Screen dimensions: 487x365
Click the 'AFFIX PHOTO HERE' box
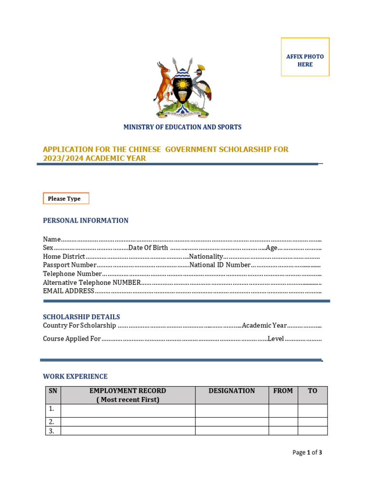tap(305, 57)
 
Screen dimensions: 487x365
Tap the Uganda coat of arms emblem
tap(182, 88)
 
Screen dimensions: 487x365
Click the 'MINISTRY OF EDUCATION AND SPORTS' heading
tap(182, 127)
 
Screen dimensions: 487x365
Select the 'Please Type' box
tap(66, 198)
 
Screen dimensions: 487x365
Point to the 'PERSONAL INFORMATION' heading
tap(86, 220)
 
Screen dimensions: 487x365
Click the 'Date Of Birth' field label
tap(148, 248)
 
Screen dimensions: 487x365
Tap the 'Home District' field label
tap(64, 256)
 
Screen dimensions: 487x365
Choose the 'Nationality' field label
tap(206, 256)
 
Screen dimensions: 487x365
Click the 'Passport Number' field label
tap(69, 265)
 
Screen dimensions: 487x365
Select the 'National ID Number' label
tap(220, 265)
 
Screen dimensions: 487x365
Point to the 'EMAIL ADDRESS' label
tap(68, 291)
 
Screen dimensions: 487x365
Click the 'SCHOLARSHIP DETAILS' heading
tap(81, 317)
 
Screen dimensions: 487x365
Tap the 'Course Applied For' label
tap(72, 339)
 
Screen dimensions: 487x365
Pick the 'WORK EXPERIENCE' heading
tap(75, 376)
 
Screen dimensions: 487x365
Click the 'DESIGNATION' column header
tap(231, 391)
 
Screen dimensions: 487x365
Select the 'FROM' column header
tap(283, 391)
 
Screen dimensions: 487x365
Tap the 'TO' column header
tap(312, 391)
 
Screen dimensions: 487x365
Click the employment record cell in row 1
tap(127, 410)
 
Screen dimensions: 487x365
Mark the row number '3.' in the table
tap(52, 431)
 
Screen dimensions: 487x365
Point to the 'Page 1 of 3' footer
tap(307, 452)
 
